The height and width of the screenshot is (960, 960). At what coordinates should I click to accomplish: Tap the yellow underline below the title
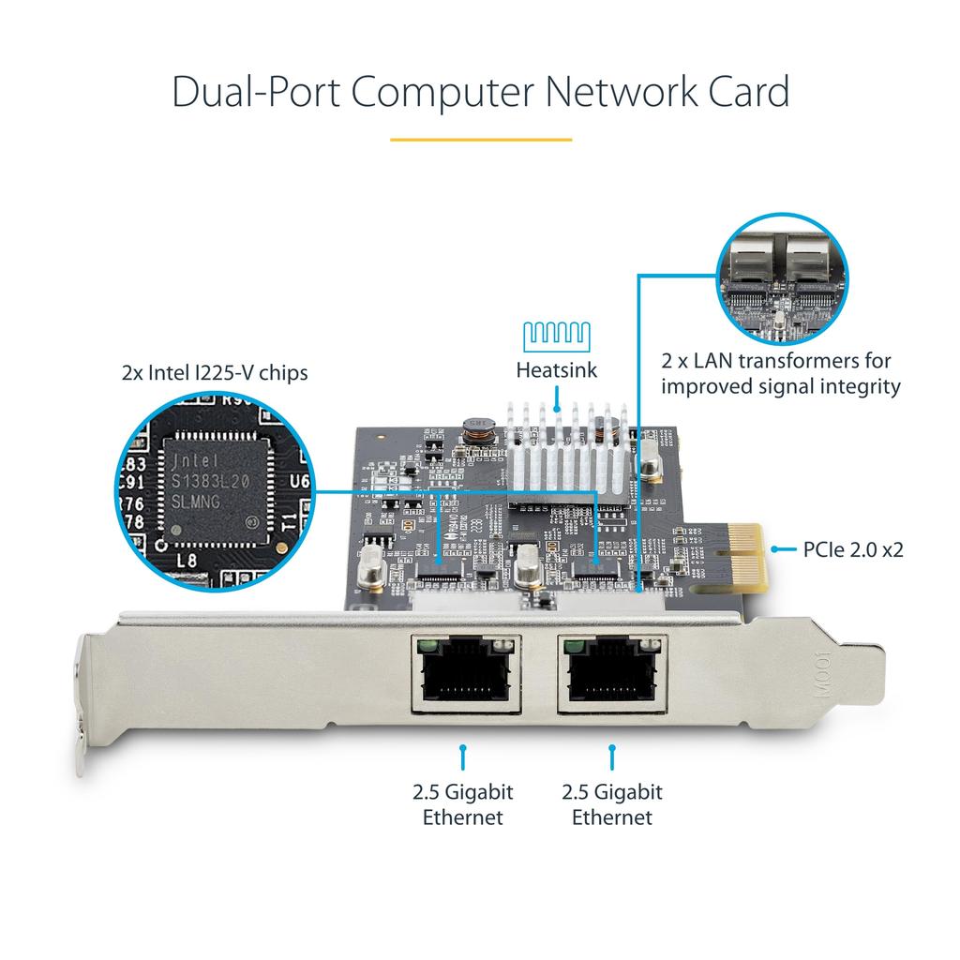(x=480, y=140)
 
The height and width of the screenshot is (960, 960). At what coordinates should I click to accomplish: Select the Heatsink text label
(x=556, y=370)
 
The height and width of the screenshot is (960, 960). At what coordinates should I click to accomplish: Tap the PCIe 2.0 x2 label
(x=852, y=549)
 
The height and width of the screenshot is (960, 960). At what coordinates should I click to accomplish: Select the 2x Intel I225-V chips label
(x=215, y=373)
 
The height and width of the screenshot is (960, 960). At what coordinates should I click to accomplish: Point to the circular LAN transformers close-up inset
(x=781, y=279)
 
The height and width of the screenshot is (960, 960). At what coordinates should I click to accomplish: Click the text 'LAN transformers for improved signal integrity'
(x=780, y=373)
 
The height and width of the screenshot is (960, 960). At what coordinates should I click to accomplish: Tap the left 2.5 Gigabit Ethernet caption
(x=463, y=804)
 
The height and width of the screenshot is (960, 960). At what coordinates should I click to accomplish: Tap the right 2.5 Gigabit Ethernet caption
(x=612, y=804)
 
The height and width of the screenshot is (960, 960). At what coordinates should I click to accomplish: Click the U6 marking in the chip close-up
(x=299, y=482)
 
